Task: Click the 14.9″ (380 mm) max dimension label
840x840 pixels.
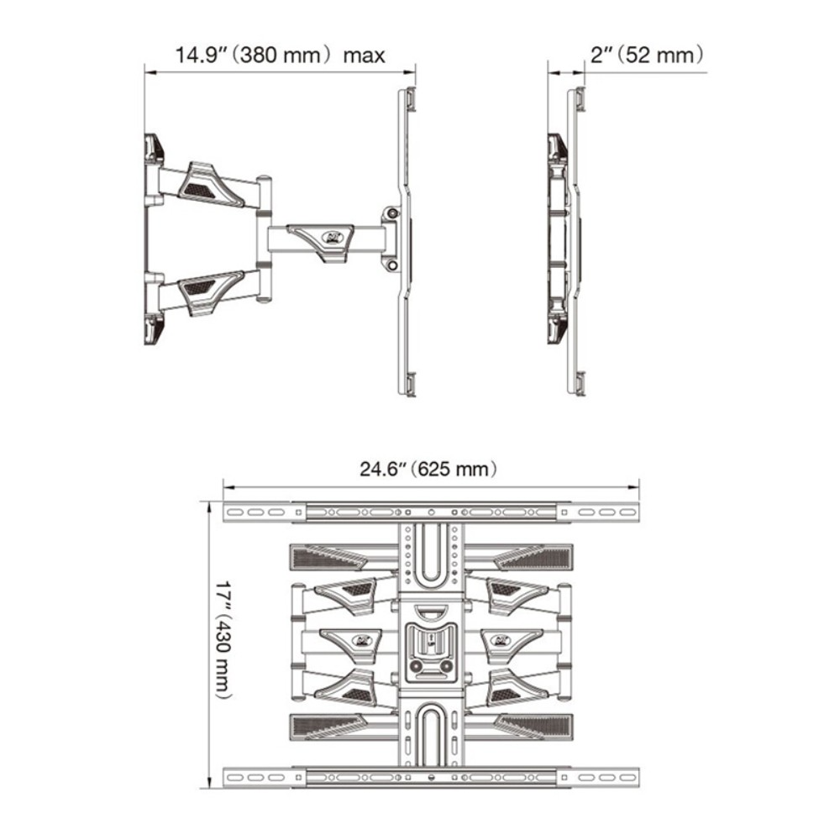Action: [x=280, y=55]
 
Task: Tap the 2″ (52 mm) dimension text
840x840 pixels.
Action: [x=645, y=55]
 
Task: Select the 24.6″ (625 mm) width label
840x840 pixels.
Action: [x=428, y=469]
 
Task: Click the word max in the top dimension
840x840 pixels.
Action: [x=364, y=55]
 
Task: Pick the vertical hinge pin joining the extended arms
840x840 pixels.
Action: [x=264, y=238]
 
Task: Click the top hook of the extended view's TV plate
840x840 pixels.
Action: [x=408, y=98]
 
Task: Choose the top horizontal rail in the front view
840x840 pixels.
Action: [x=430, y=511]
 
